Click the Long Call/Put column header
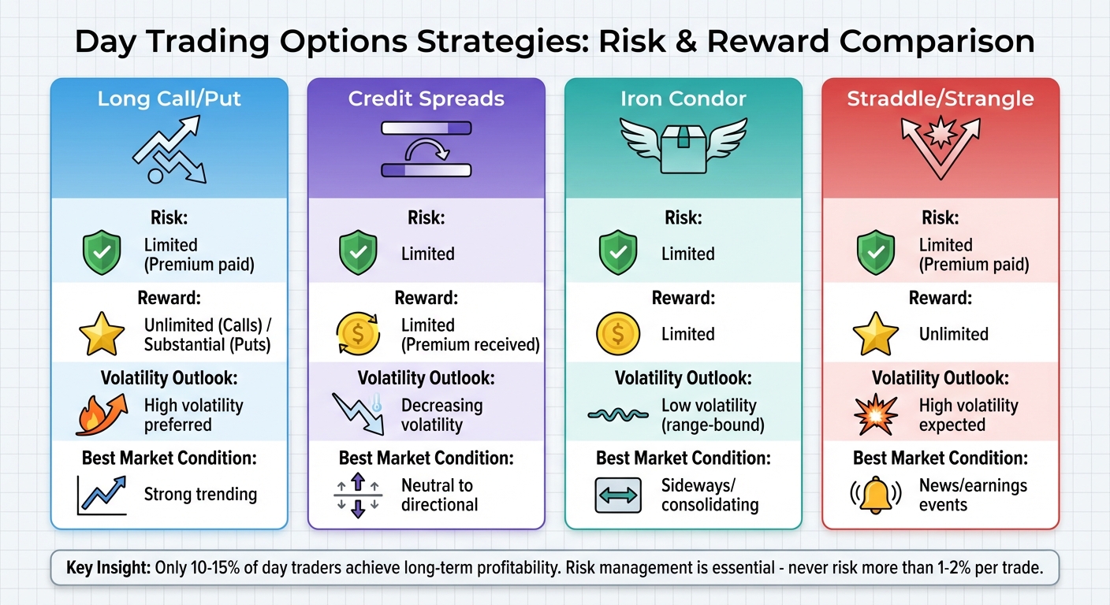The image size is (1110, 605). click(169, 99)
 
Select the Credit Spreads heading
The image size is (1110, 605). click(426, 99)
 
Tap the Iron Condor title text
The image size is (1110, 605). click(684, 99)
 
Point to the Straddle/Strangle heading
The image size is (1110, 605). click(941, 99)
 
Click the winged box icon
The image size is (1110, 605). click(684, 145)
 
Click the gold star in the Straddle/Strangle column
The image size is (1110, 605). click(875, 335)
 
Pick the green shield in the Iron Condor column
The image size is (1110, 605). click(616, 254)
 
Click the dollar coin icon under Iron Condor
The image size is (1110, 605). click(616, 335)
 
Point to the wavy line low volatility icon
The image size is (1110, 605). click(618, 415)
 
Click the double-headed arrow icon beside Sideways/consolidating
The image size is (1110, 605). click(616, 496)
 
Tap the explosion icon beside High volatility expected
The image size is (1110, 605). click(875, 415)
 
